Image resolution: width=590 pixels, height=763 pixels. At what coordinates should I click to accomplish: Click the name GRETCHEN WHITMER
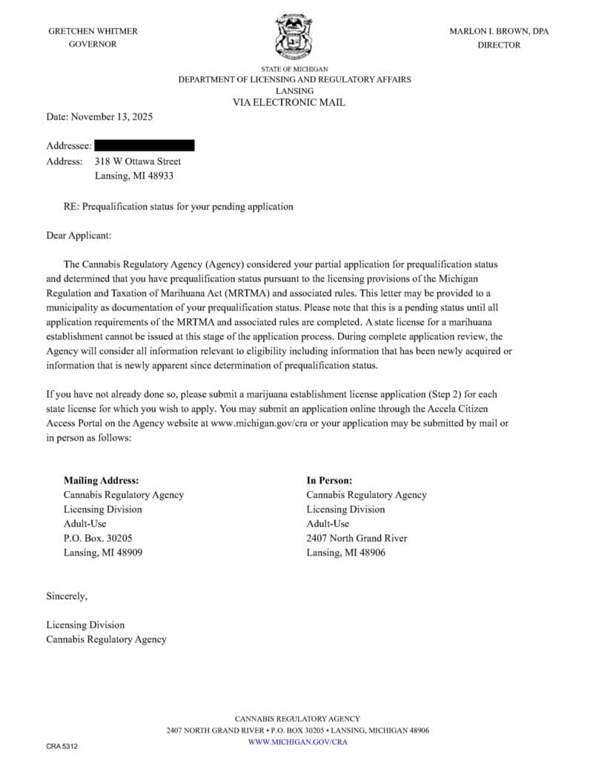click(93, 31)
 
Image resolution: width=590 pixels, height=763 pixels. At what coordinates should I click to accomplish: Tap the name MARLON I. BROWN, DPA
click(499, 31)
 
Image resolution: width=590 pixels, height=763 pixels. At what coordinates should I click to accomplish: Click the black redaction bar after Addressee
click(145, 145)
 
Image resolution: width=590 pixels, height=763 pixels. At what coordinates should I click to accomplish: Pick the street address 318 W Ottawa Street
click(138, 161)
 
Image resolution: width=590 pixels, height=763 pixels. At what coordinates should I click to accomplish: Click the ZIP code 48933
click(161, 176)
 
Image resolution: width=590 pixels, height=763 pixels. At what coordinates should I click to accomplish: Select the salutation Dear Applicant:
click(79, 236)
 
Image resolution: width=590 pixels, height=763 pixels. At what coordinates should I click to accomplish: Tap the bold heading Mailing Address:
click(101, 480)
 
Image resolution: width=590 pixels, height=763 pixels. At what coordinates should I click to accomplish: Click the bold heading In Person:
click(329, 480)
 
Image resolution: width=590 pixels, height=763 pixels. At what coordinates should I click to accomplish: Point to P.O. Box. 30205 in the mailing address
click(98, 538)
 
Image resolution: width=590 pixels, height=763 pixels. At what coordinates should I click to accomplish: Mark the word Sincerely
click(67, 596)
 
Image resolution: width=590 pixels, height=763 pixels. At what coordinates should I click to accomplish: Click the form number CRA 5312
click(62, 746)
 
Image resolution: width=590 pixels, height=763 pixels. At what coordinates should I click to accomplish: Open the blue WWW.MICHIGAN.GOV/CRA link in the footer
click(297, 742)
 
